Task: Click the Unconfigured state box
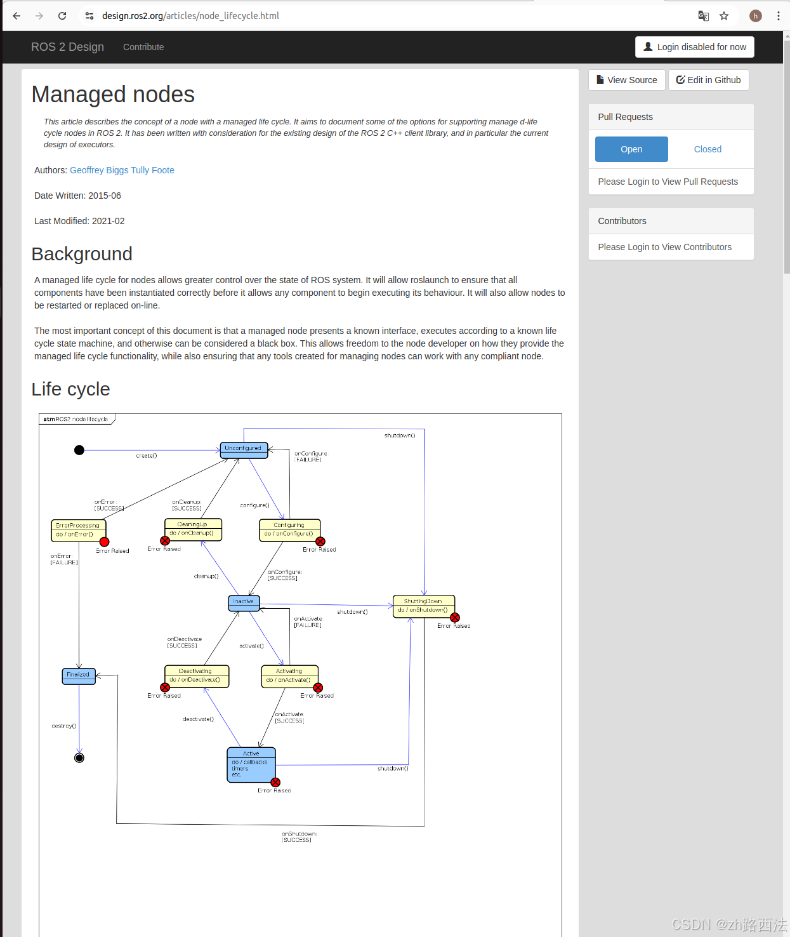244,449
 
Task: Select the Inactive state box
244,603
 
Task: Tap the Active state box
251,764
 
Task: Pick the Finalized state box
79,676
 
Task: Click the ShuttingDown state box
424,606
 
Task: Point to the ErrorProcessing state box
78,530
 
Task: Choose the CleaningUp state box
193,529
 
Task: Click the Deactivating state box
197,676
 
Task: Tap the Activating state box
289,676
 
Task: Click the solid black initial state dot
79,450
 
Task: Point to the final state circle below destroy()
79,758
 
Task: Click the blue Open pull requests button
631,149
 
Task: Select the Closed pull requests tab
708,149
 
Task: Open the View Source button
626,80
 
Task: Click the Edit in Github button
708,80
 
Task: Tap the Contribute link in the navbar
143,47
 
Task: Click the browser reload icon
62,16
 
